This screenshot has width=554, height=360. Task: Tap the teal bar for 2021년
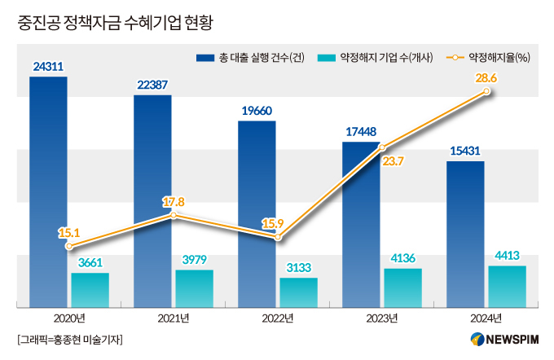pos(194,288)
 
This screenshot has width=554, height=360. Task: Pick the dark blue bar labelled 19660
pos(257,212)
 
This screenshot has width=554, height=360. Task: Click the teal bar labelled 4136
pos(402,288)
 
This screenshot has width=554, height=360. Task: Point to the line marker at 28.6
pos(487,92)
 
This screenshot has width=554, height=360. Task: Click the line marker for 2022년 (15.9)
pos(278,237)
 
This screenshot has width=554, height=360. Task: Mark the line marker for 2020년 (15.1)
pos(69,246)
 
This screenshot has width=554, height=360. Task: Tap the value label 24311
pos(48,67)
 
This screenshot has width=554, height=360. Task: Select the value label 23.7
pos(393,161)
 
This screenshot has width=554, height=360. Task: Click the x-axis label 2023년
pos(381,318)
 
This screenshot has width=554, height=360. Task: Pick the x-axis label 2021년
pos(173,318)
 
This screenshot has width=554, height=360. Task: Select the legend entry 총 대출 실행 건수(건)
pos(251,58)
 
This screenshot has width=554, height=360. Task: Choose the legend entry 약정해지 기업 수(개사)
pos(376,58)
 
